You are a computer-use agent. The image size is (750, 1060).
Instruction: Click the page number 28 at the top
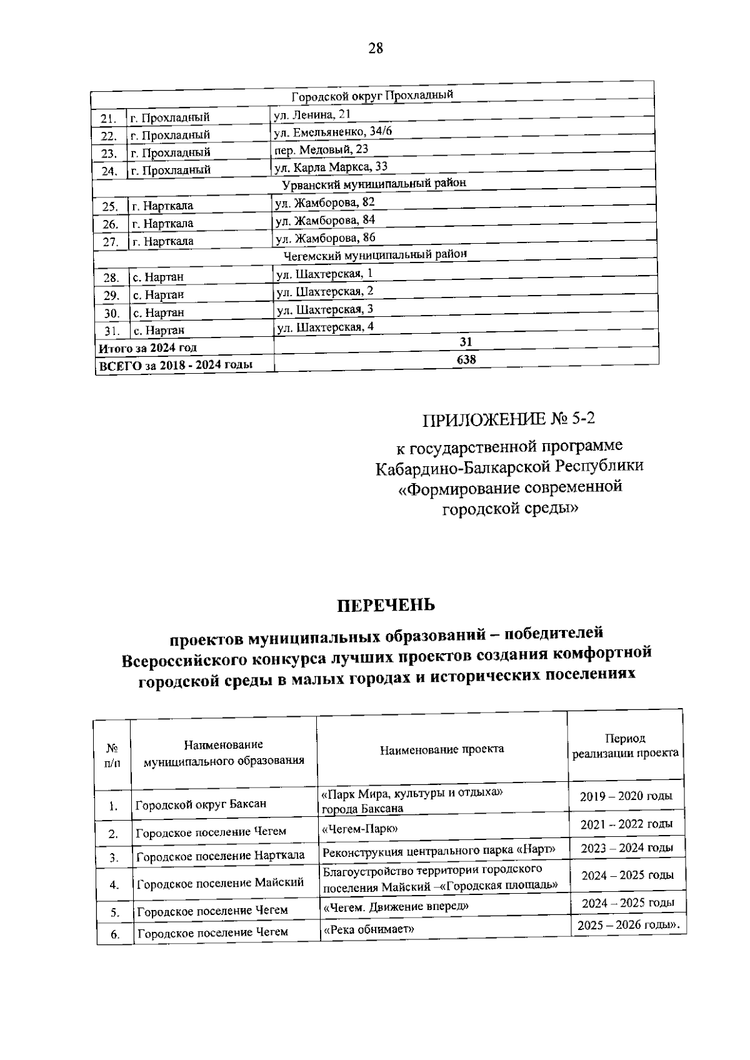tap(375, 49)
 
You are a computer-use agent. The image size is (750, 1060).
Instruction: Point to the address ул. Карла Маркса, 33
tap(331, 166)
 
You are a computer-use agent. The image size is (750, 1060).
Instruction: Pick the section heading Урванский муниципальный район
tap(374, 184)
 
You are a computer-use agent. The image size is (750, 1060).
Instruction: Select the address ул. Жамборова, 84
tap(325, 220)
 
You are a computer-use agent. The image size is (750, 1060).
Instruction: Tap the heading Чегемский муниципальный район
tap(375, 254)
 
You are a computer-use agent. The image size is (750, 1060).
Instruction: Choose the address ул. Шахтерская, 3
tap(325, 309)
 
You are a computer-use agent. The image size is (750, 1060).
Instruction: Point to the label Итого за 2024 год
tap(148, 348)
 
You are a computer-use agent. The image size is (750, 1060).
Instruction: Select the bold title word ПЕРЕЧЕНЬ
tap(386, 605)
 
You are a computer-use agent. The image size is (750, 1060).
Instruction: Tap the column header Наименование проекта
tap(442, 749)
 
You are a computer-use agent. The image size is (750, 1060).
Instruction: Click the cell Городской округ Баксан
tap(201, 804)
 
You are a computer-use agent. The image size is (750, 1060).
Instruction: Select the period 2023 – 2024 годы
tap(627, 848)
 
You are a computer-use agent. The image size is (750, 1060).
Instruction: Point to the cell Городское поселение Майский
tap(220, 883)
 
